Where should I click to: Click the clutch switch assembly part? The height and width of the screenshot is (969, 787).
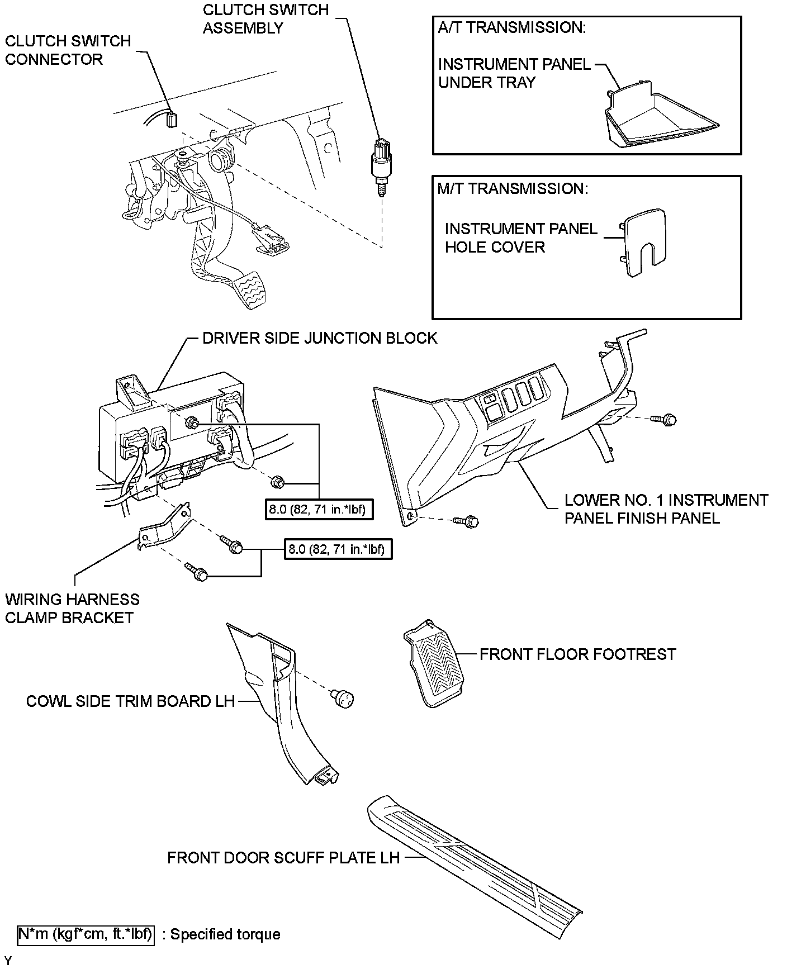(381, 164)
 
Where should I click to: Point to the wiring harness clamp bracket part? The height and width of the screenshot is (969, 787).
(164, 529)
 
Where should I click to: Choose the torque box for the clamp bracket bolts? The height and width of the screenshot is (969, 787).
(337, 549)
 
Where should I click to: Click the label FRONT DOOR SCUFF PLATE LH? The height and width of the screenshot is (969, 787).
(283, 857)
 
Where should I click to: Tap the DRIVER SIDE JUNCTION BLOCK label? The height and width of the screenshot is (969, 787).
(319, 338)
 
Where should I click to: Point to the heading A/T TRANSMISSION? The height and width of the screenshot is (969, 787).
(511, 28)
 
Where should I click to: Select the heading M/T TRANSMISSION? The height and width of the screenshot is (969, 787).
(513, 188)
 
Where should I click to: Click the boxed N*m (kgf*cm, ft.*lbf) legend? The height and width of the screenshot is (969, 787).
(86, 934)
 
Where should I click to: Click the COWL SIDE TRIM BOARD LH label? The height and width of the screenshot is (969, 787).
(130, 701)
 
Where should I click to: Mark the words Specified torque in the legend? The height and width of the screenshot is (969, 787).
(225, 934)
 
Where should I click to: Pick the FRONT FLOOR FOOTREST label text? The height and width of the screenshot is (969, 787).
(577, 654)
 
